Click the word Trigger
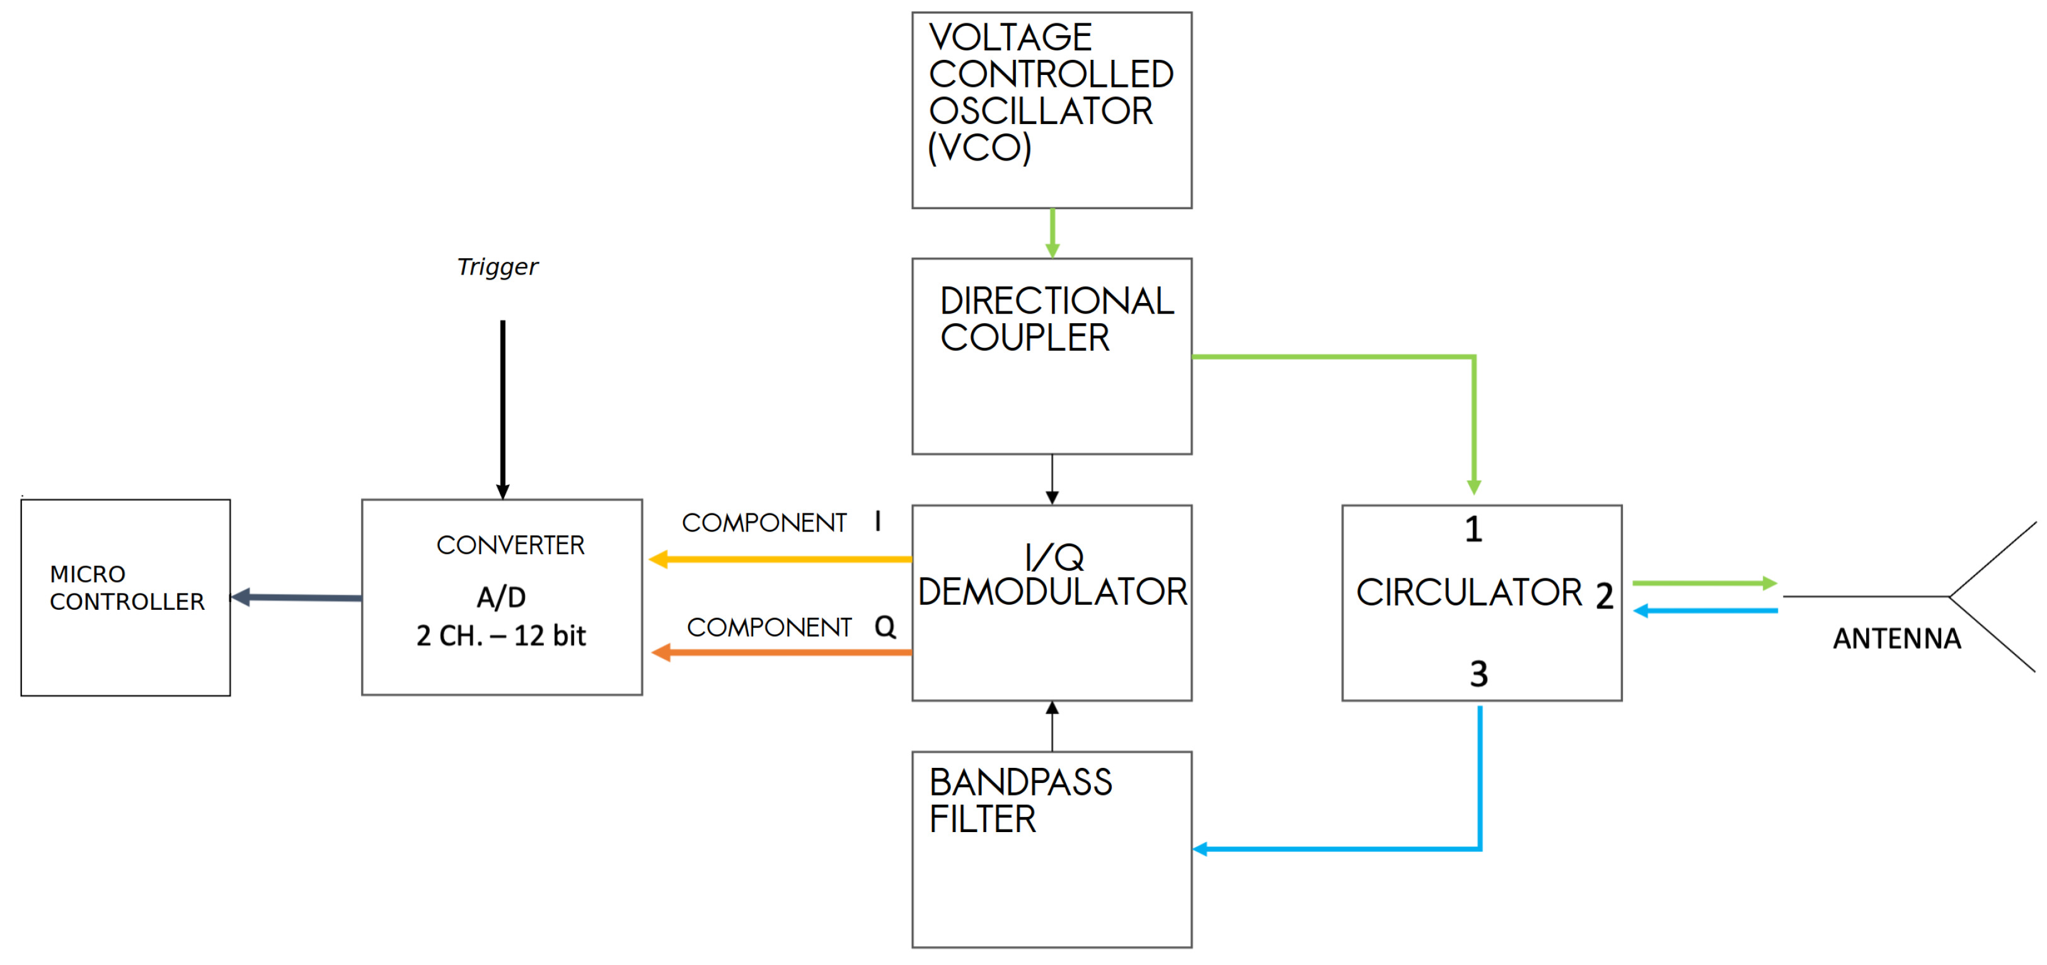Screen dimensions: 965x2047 tap(497, 267)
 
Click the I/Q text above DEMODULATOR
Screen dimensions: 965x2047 tap(1054, 557)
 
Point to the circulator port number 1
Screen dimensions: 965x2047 tap(1473, 530)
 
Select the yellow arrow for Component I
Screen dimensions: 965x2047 tap(779, 560)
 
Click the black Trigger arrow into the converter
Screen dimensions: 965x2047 tap(502, 409)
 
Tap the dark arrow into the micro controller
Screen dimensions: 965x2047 tap(296, 597)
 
